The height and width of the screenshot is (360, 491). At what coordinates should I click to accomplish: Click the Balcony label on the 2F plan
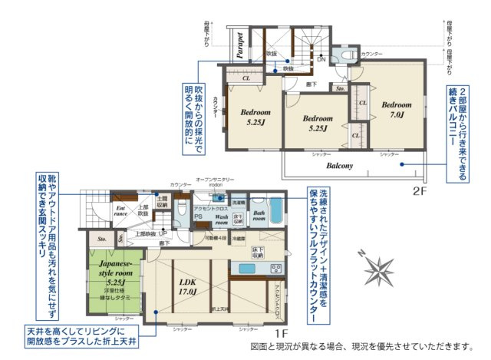[338, 165]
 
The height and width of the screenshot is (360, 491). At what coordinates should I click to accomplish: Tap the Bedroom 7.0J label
[397, 109]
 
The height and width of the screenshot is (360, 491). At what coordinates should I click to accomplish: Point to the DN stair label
[321, 60]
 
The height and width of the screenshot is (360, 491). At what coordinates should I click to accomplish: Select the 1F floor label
[280, 334]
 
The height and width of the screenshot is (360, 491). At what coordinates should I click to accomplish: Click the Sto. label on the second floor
[341, 89]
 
